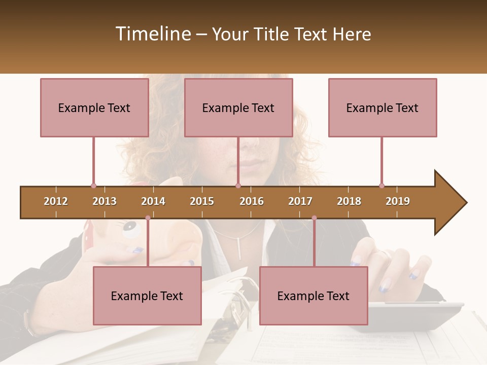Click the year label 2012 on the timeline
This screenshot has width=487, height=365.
pos(56,201)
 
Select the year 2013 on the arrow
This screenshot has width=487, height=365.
pos(105,201)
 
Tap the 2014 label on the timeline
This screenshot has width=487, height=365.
pos(153,201)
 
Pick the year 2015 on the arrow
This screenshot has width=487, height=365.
pos(202,201)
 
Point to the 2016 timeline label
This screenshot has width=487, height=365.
pos(252,201)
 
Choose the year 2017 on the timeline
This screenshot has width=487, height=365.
pos(300,201)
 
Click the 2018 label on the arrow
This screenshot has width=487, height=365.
pos(349,201)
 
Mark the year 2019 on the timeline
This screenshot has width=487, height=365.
pos(398,201)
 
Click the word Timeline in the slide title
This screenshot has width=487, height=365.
pos(153,34)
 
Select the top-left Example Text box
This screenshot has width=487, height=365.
pos(94,107)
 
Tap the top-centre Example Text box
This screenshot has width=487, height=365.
pos(238,107)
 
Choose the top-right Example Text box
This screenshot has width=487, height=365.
pos(382,107)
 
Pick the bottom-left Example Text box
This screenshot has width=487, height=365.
pos(147,296)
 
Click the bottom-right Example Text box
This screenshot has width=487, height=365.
pos(314,296)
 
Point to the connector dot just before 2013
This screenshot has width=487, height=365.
pos(93,186)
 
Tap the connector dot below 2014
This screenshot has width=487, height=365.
pos(148,218)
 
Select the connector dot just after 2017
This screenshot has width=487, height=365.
pos(314,218)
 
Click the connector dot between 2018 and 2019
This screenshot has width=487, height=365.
pos(381,186)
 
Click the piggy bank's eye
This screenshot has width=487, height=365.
pos(130,230)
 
